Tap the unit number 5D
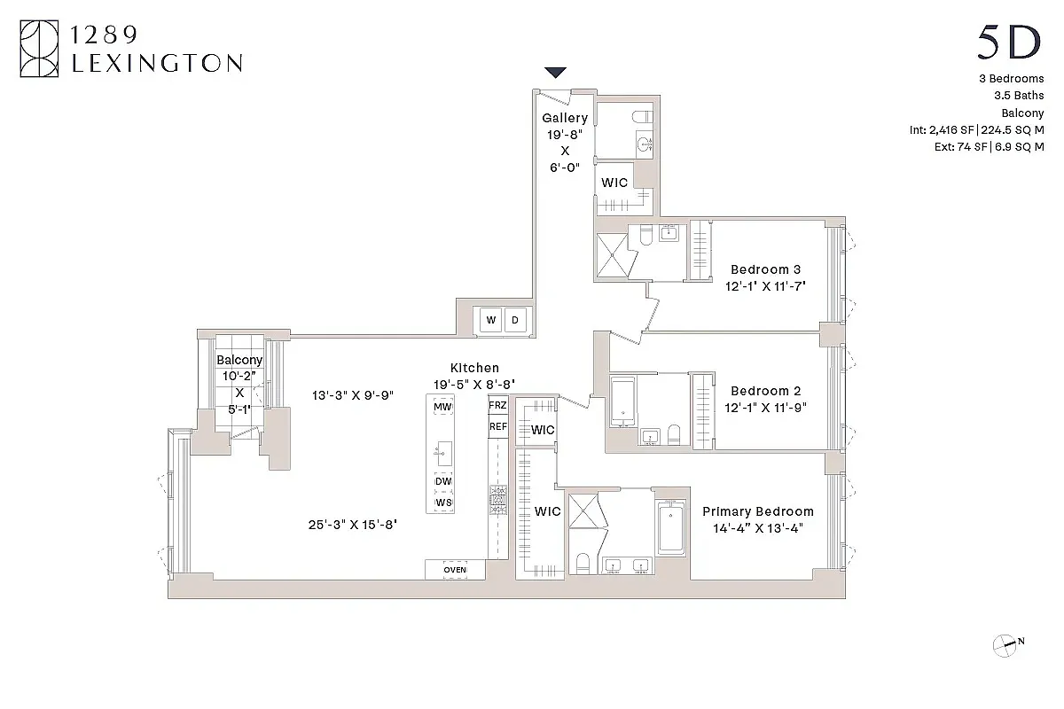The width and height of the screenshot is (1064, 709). (1009, 43)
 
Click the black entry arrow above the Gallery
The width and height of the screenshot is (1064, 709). (556, 73)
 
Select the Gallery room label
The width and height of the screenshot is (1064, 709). (565, 118)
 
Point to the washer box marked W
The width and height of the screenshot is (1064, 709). (490, 320)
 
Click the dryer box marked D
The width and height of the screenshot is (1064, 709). (514, 320)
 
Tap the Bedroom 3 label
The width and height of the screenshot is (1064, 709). (765, 269)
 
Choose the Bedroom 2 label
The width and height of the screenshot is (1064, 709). (765, 391)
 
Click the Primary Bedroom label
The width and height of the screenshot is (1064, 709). (757, 511)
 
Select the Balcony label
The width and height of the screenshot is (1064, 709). (239, 360)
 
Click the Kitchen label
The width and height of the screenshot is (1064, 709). (474, 368)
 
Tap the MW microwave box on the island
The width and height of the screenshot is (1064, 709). (442, 407)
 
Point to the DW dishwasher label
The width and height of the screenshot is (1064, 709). (442, 481)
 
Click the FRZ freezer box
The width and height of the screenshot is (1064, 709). (498, 405)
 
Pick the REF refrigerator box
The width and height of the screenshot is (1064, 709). (498, 426)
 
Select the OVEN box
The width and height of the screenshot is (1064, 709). (455, 569)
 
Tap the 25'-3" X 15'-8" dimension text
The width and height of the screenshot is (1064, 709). (352, 524)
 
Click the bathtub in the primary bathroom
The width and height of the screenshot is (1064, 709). (671, 529)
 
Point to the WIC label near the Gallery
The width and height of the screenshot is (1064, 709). (614, 183)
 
